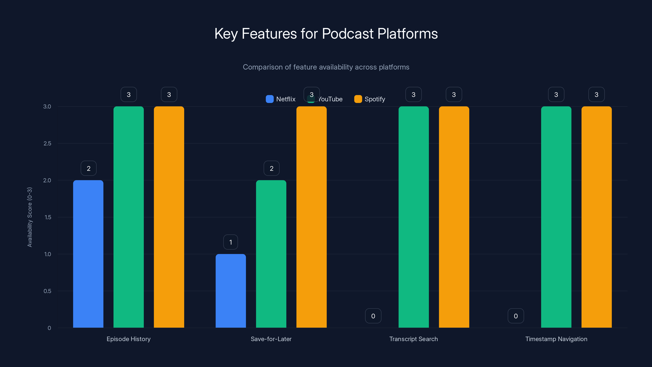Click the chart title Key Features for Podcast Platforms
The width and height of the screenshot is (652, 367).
point(326,34)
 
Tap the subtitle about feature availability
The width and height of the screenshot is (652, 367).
point(326,67)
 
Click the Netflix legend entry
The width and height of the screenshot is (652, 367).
point(281,99)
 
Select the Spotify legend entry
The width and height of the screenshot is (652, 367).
point(370,99)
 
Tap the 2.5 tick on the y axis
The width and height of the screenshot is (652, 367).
point(47,143)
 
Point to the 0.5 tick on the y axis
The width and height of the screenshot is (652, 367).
point(47,291)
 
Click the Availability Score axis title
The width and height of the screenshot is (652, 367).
point(30,217)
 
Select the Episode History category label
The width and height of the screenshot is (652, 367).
point(129,339)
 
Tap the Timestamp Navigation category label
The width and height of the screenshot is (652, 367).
point(556,339)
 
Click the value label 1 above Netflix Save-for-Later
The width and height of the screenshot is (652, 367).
point(231,242)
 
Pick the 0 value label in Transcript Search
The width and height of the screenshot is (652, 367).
point(373,316)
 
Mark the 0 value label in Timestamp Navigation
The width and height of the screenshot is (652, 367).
point(515,316)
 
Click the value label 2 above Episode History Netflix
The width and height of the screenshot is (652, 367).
point(89,168)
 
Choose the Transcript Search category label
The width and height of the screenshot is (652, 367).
point(413,339)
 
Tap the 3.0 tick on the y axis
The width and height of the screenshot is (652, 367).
point(47,106)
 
